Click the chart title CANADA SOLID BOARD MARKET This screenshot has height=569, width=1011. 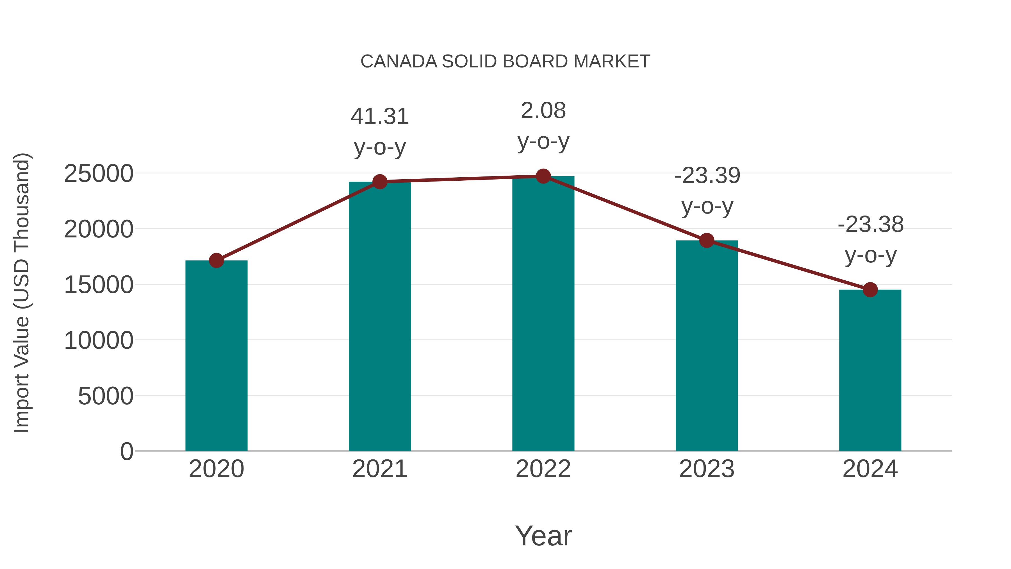coord(505,62)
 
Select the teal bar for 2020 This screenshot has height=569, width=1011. coord(216,355)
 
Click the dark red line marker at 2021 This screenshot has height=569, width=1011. coord(379,182)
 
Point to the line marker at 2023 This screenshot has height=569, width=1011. coord(707,240)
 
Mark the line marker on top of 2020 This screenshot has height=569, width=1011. coord(216,260)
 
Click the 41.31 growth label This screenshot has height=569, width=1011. coord(379,117)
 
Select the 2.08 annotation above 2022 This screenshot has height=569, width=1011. coord(543,111)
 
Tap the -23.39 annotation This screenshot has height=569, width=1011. coord(707,176)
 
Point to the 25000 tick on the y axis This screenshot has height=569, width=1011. coord(99,174)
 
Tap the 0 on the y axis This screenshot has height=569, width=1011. coord(126,451)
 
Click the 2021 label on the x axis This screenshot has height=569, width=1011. coord(379,469)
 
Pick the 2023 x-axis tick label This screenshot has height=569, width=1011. coord(707,469)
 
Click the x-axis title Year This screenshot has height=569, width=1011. coord(543,536)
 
